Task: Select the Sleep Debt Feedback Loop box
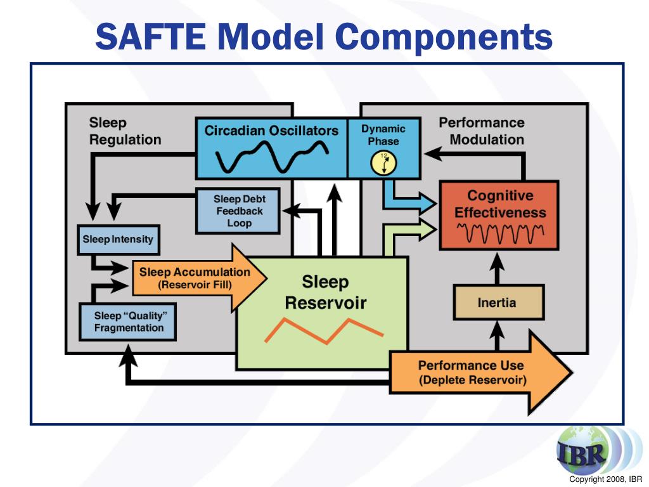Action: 238,211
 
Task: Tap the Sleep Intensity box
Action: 118,240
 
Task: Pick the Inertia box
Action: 498,302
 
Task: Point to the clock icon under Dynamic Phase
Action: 383,163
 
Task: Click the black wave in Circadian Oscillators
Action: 272,157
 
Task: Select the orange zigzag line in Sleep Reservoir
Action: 323,330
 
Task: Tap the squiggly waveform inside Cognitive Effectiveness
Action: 499,233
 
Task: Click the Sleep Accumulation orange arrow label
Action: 194,278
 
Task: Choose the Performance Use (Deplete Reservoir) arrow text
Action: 472,373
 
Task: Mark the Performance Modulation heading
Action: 482,131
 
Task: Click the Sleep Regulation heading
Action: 125,131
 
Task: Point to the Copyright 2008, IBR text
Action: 605,479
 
